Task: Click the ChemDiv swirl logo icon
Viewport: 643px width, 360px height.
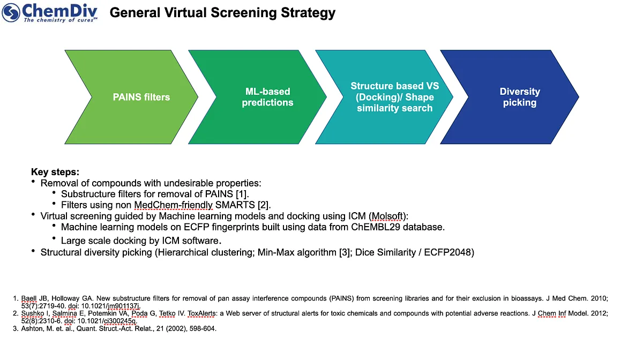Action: click(11, 13)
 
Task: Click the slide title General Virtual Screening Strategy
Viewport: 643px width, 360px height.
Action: click(222, 13)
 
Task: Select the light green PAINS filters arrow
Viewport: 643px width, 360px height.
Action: click(131, 97)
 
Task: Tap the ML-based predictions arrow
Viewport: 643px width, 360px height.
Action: click(258, 97)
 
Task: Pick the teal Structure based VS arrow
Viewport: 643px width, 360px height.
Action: click(384, 97)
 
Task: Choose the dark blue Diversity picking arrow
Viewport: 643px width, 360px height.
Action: click(510, 97)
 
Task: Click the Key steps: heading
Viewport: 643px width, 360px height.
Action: click(55, 172)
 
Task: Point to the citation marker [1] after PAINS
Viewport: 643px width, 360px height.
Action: click(242, 194)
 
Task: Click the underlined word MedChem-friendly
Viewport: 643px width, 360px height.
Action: click(174, 205)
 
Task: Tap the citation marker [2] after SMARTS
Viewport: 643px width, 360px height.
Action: click(263, 205)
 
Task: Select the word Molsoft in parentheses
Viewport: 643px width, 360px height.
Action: click(387, 216)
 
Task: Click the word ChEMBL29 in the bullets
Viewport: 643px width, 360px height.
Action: click(376, 227)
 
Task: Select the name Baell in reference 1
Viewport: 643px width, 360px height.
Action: click(29, 298)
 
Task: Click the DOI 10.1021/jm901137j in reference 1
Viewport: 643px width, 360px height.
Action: click(111, 306)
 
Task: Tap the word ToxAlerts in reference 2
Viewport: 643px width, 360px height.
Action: click(201, 313)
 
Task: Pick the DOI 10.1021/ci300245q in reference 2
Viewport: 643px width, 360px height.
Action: click(107, 321)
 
